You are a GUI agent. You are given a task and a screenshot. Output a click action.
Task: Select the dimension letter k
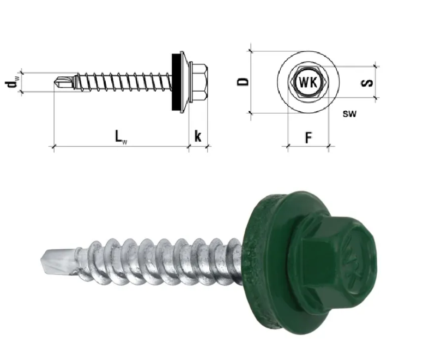[x=198, y=136]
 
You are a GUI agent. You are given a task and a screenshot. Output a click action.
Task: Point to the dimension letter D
[x=243, y=82]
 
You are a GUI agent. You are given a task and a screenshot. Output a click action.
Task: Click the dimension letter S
[x=367, y=83]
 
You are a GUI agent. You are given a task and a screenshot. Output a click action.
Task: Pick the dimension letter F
[x=309, y=137]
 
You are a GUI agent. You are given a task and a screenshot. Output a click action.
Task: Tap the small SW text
[x=349, y=113]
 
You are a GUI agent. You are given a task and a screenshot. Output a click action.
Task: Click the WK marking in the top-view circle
[x=308, y=82]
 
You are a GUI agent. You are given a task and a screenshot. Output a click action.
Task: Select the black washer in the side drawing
[x=176, y=82]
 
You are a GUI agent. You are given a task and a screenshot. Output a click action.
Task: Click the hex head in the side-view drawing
[x=198, y=82]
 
